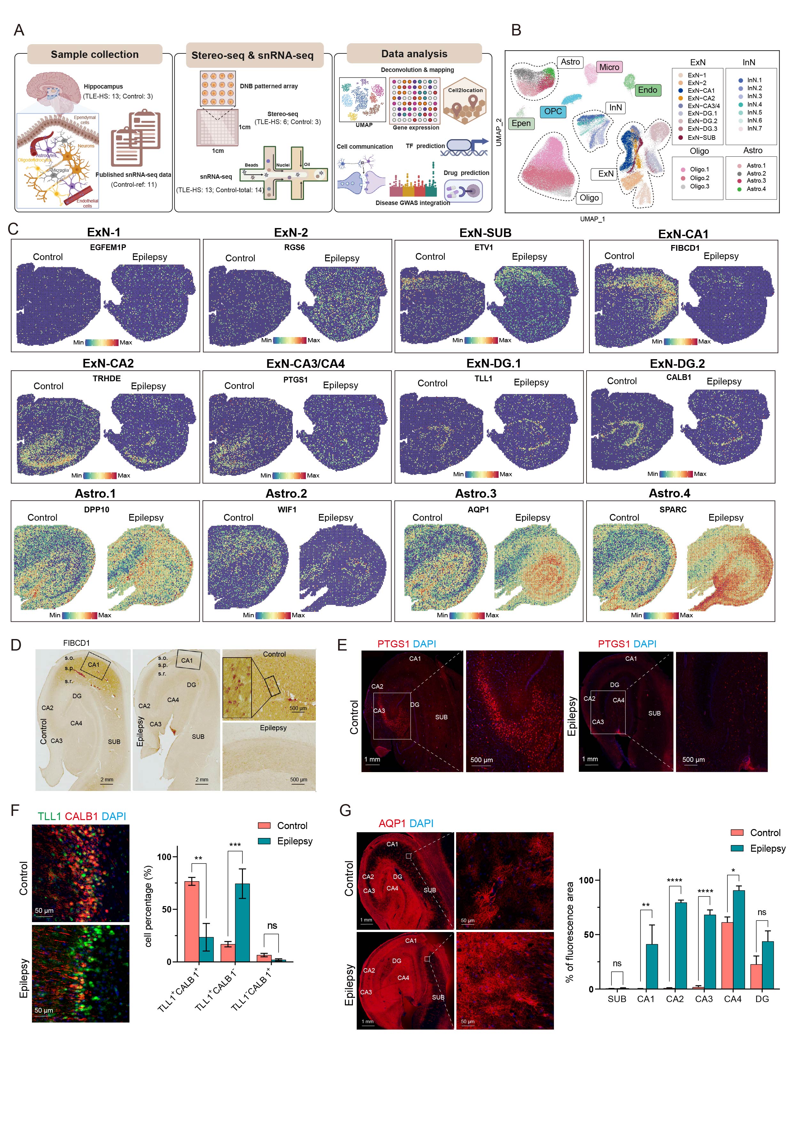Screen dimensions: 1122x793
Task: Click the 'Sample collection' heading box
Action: point(94,54)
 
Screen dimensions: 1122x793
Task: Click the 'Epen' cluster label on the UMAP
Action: point(521,123)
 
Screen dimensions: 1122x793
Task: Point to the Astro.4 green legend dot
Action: point(739,189)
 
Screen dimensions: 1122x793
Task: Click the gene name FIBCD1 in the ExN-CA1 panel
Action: point(685,248)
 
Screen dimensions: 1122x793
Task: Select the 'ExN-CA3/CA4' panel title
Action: point(305,364)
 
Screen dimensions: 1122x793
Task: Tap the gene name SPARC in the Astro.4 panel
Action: point(672,509)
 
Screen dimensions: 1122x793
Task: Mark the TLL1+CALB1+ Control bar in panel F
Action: point(191,921)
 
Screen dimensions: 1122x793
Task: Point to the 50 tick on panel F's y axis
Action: point(167,909)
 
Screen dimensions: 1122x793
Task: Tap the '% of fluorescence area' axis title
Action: point(569,932)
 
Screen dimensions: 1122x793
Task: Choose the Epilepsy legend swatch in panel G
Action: point(737,848)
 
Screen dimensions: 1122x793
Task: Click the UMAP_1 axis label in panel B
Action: point(592,219)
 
